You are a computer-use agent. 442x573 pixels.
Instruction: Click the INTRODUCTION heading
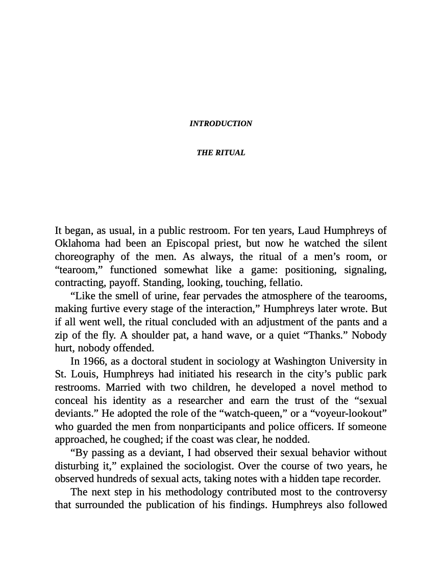point(220,124)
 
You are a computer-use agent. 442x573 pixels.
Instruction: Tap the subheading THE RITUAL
point(220,153)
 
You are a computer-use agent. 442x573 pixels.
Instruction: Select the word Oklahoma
point(77,243)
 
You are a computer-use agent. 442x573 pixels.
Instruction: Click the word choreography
point(84,256)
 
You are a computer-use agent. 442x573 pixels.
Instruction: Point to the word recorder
point(360,479)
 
